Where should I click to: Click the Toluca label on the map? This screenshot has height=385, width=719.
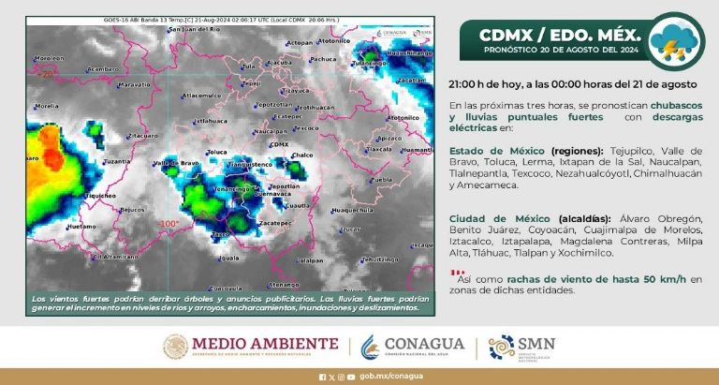coord(217,151)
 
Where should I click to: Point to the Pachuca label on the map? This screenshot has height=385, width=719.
coord(324,58)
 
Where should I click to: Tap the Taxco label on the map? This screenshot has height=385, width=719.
coord(221,233)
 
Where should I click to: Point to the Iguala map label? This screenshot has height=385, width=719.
coord(228,258)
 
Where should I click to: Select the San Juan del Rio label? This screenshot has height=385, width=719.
coord(193,30)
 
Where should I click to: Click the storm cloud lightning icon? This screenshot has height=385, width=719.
coord(678,42)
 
